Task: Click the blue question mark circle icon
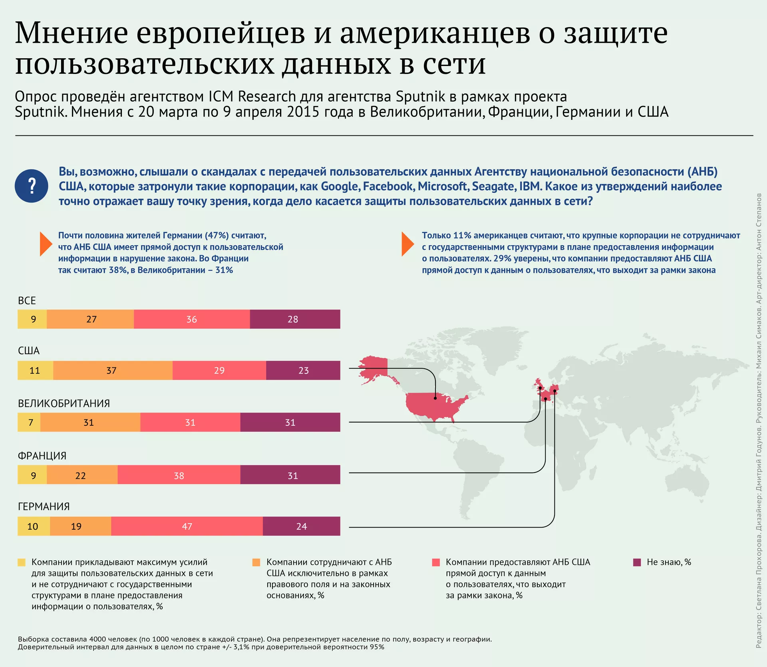[32, 186]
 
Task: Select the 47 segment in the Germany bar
[187, 526]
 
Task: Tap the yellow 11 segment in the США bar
[35, 370]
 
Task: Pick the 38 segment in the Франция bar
[179, 475]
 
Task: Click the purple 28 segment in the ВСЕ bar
[295, 319]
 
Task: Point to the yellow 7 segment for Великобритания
[29, 422]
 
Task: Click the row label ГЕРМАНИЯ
[44, 506]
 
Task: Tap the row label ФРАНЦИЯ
[42, 456]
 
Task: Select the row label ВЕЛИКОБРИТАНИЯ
[64, 403]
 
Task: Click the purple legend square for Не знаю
[637, 562]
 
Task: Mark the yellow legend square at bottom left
[22, 562]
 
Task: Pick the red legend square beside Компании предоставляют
[436, 562]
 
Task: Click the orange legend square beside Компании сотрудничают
[256, 562]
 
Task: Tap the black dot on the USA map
[435, 398]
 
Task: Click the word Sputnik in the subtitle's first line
[420, 96]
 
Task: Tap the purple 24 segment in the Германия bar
[302, 526]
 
